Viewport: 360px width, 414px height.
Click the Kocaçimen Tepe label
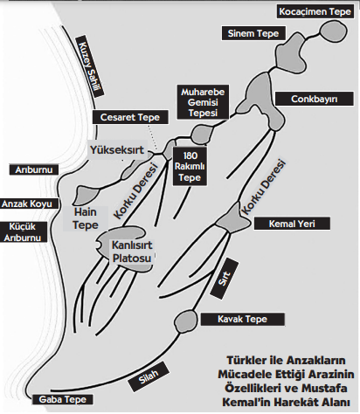pyautogui.click(x=315, y=11)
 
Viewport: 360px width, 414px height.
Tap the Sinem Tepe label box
pyautogui.click(x=253, y=33)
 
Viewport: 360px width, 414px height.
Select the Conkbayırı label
pyautogui.click(x=315, y=99)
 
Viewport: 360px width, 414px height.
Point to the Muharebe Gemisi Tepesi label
pyautogui.click(x=203, y=102)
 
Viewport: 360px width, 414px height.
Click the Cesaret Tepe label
pyautogui.click(x=130, y=117)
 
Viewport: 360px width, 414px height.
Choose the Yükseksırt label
pyautogui.click(x=117, y=149)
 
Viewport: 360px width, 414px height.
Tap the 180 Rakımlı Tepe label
pyautogui.click(x=190, y=166)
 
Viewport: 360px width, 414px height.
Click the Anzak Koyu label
pyautogui.click(x=27, y=204)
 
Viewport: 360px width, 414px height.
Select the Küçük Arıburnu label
pyautogui.click(x=23, y=232)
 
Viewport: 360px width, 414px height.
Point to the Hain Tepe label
pyautogui.click(x=86, y=218)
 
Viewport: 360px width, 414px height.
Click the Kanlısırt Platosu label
pyautogui.click(x=132, y=252)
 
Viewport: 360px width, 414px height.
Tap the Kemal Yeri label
pyautogui.click(x=292, y=224)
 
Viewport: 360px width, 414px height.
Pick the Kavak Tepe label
pyautogui.click(x=242, y=319)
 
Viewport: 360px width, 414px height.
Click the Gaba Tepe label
pyautogui.click(x=62, y=399)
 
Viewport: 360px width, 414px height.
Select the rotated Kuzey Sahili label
pyautogui.click(x=90, y=66)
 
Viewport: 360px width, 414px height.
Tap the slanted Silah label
pyautogui.click(x=149, y=376)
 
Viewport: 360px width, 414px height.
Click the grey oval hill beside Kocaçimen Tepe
pyautogui.click(x=334, y=31)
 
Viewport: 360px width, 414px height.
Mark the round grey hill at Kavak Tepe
pyautogui.click(x=185, y=321)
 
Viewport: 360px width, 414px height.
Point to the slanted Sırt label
pyautogui.click(x=225, y=279)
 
